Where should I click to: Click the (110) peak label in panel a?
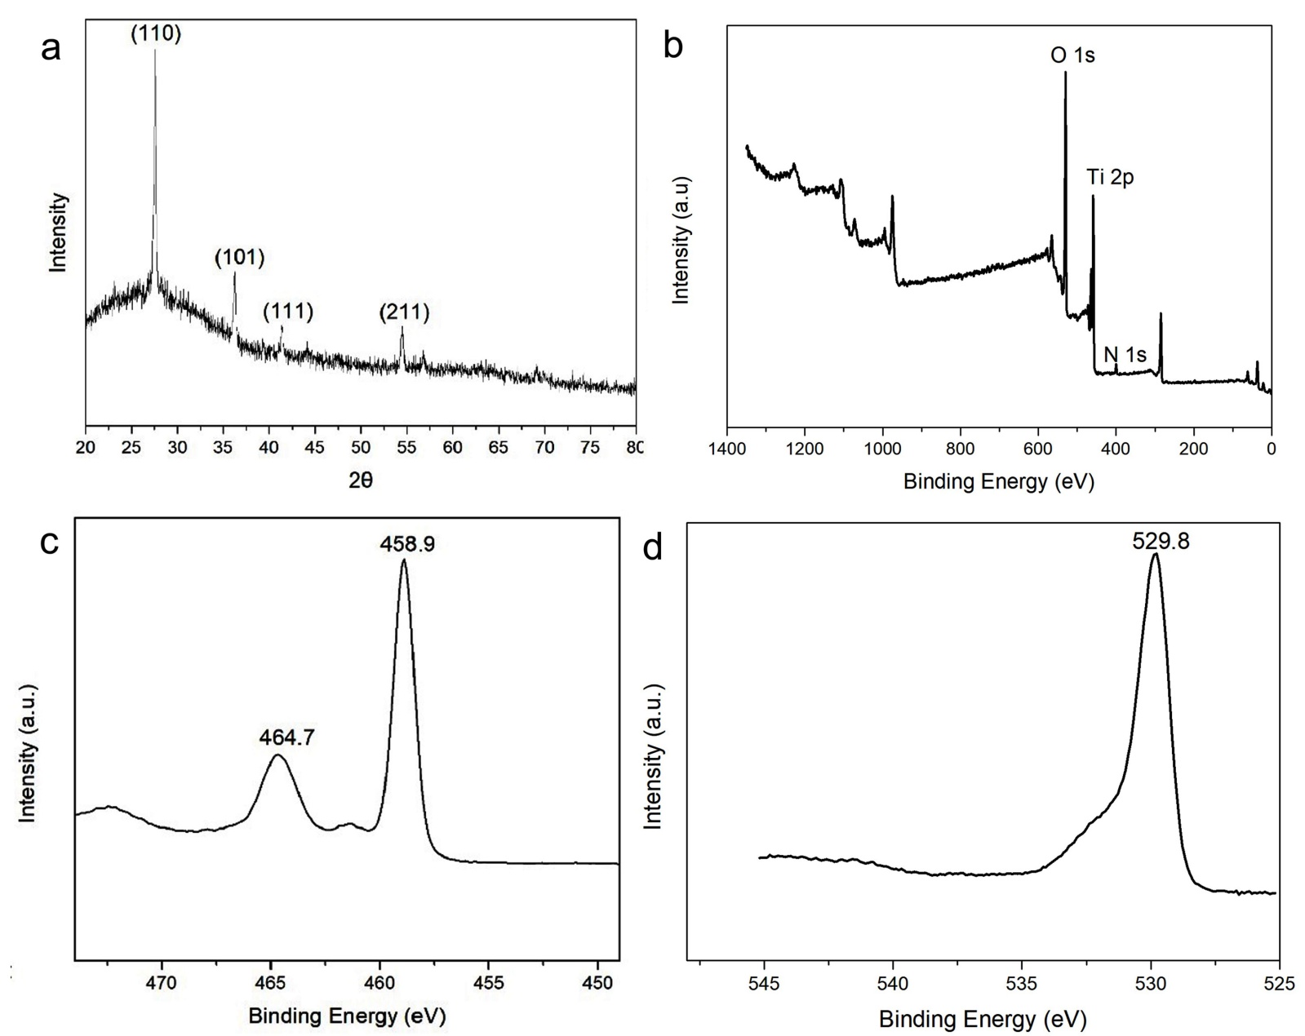point(155,33)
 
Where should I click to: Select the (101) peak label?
point(239,258)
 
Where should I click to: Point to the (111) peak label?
point(287,311)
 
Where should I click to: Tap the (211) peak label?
point(404,311)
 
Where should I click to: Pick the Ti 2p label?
point(1110,177)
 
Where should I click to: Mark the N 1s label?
point(1125,355)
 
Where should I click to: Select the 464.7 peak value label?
point(286,737)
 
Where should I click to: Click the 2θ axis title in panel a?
point(360,480)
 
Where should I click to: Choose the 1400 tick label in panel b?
point(726,449)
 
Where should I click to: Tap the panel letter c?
point(50,542)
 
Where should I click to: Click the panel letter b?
point(673,46)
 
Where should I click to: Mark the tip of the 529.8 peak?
point(1155,555)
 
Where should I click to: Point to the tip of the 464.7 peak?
point(277,755)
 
